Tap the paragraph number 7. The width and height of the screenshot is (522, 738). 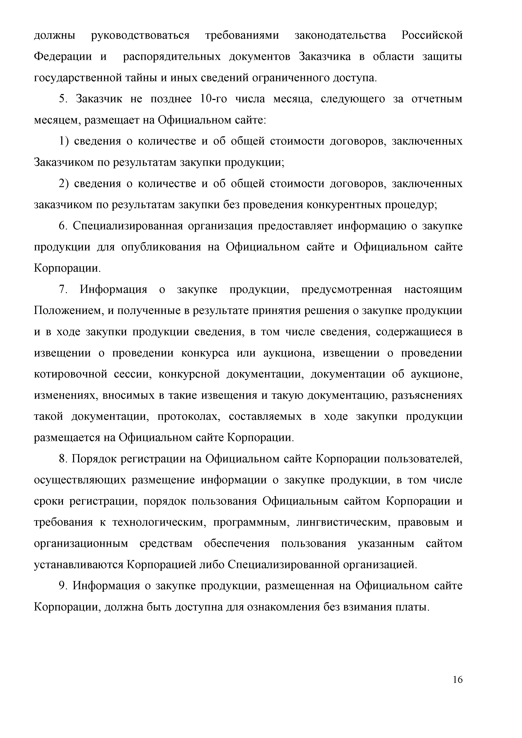[63, 290]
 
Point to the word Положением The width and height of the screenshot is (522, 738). [68, 311]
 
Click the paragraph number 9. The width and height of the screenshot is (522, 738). [63, 586]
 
